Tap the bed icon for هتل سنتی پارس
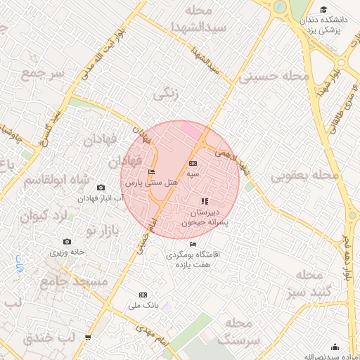(x=151, y=172)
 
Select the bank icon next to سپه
(x=193, y=164)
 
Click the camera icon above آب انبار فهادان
(x=101, y=188)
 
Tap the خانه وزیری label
(x=67, y=251)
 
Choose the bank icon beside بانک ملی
(x=143, y=295)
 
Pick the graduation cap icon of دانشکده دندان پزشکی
(x=323, y=10)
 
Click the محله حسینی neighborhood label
(x=274, y=76)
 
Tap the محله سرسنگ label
(x=238, y=330)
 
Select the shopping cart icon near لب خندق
(x=88, y=337)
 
